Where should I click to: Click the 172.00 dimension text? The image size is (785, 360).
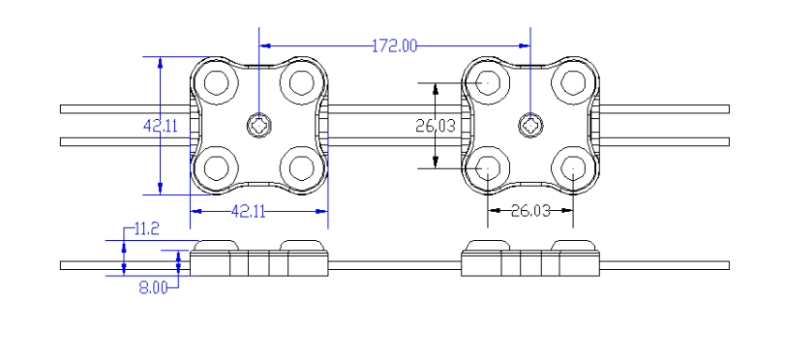pyautogui.click(x=395, y=45)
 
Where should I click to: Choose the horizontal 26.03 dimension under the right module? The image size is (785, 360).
pyautogui.click(x=529, y=210)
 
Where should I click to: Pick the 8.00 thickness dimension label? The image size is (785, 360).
pyautogui.click(x=154, y=286)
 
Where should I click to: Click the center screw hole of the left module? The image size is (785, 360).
pyautogui.click(x=259, y=124)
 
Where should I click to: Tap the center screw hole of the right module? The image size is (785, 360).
pyautogui.click(x=530, y=124)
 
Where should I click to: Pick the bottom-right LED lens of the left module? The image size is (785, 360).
pyautogui.click(x=302, y=167)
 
